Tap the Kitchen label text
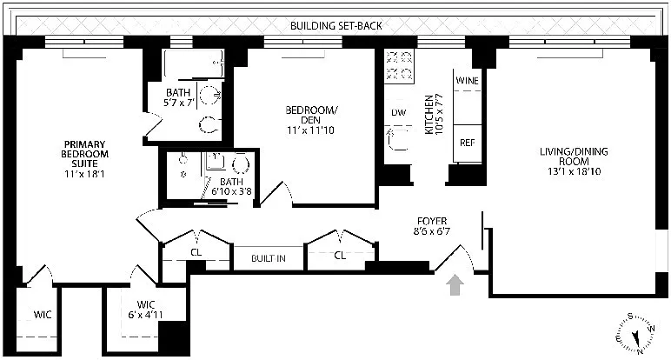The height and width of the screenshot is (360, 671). tap(429, 114)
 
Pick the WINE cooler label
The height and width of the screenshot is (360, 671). tap(467, 80)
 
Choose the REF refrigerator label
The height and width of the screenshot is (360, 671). tap(467, 142)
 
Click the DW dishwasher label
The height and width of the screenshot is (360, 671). tap(398, 113)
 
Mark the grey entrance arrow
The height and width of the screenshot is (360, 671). tap(453, 287)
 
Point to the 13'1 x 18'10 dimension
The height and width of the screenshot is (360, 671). tap(574, 174)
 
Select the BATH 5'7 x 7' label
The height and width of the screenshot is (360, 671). tap(183, 97)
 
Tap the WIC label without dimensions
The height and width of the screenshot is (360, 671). tap(43, 314)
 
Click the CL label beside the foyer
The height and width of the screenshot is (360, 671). tap(341, 256)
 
